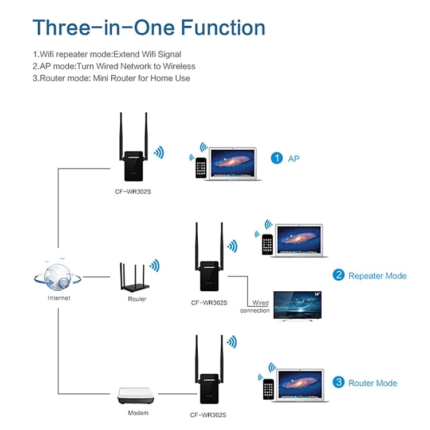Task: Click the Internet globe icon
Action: click(58, 276)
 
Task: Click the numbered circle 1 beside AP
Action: click(277, 158)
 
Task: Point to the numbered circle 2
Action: click(339, 276)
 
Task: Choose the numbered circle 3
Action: click(339, 382)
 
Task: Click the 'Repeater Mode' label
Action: click(377, 276)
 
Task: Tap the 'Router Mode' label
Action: click(373, 382)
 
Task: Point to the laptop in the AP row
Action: click(234, 164)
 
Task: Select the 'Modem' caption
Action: click(138, 413)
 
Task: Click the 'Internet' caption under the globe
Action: click(58, 298)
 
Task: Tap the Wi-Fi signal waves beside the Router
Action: click(154, 265)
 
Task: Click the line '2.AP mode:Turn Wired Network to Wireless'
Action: click(114, 67)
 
